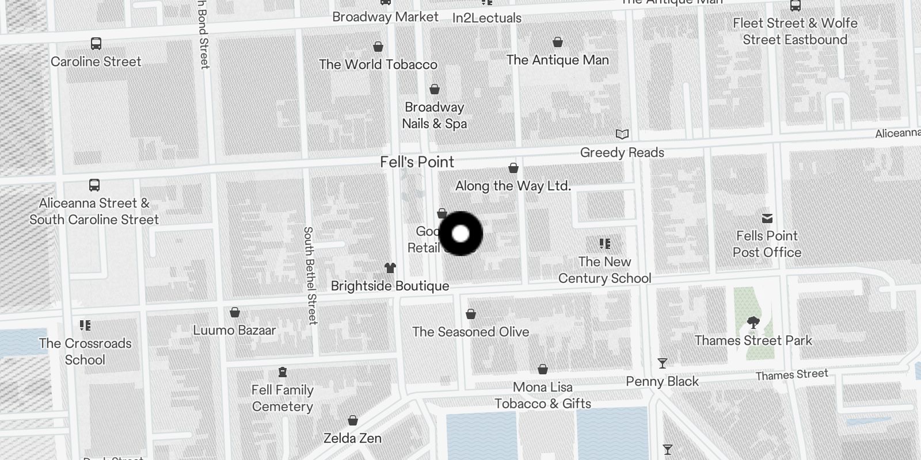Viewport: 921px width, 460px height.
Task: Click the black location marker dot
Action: tap(461, 233)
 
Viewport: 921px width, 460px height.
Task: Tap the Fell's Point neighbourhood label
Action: tap(417, 162)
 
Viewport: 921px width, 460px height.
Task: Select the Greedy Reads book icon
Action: tap(622, 134)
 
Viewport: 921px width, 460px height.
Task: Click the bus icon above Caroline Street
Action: tap(96, 44)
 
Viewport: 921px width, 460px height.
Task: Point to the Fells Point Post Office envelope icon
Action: tap(767, 218)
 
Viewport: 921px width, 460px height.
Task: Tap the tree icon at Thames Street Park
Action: tap(753, 323)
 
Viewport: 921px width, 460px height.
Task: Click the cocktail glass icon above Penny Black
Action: tap(663, 363)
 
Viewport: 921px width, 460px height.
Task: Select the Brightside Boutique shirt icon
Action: tap(390, 268)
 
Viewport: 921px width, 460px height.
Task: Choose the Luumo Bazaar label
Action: tap(234, 331)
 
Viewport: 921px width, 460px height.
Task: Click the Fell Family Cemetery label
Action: tap(283, 398)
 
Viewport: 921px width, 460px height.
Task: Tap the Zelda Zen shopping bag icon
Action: tap(353, 421)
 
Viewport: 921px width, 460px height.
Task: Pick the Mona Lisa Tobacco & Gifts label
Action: tap(543, 395)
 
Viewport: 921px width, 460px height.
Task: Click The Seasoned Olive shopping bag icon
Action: tap(471, 314)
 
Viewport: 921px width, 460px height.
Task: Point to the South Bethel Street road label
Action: tap(310, 275)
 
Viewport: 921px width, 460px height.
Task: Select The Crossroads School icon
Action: tap(85, 325)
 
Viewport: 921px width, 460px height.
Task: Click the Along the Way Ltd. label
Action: tap(513, 186)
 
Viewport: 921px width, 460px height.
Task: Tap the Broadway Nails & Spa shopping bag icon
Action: tap(435, 89)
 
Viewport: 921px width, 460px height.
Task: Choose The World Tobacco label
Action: tap(378, 64)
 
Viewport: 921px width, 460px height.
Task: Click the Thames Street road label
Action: tap(791, 375)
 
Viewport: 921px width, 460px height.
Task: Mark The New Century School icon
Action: tap(604, 244)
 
